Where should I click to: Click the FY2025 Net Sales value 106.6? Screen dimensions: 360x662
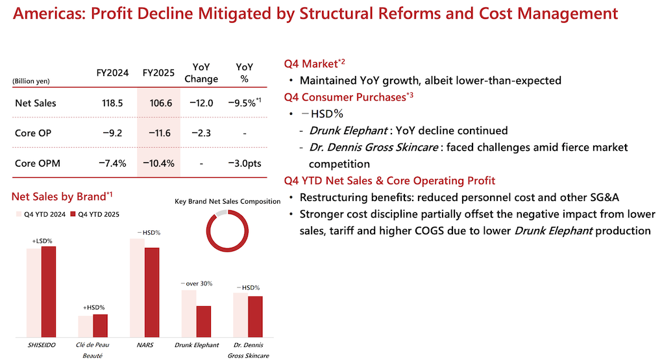tap(158, 103)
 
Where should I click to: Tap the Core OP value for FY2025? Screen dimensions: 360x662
tap(158, 133)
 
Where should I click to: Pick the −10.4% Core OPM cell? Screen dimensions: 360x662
tap(158, 163)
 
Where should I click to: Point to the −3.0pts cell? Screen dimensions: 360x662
tap(245, 163)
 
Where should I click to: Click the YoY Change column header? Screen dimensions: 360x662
tap(201, 73)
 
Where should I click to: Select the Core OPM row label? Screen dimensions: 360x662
tap(38, 163)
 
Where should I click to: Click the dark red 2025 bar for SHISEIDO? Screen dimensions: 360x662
tap(49, 293)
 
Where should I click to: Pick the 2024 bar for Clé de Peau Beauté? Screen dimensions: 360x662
tap(85, 327)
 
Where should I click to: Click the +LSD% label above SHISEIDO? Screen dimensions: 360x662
tap(42, 241)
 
